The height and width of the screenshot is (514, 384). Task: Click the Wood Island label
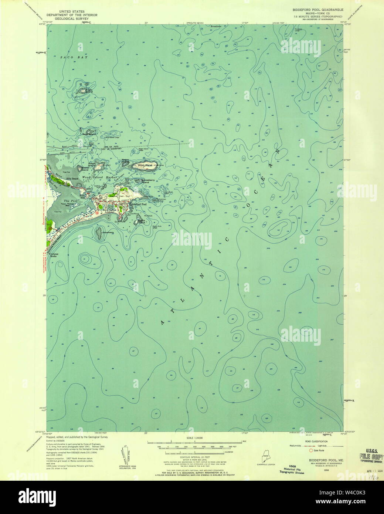click(145, 165)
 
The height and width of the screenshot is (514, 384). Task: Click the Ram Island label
click(90, 134)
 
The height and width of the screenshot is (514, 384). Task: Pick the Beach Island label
click(141, 222)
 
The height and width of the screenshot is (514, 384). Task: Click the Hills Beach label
click(73, 179)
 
